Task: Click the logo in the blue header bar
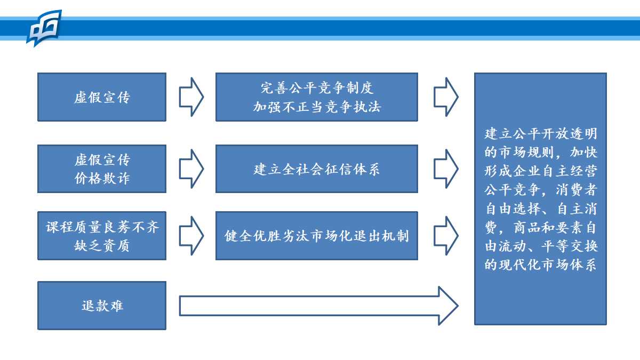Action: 44,28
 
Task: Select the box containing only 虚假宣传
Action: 102,97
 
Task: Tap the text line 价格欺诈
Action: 102,178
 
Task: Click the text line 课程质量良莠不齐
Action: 102,227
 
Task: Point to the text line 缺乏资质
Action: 102,245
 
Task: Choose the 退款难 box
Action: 102,306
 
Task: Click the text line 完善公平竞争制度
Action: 317,87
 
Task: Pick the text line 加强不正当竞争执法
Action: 317,107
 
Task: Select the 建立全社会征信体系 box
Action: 317,169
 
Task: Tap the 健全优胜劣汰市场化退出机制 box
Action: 317,236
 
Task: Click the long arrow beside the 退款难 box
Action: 318,306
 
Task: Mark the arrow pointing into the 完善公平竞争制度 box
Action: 191,97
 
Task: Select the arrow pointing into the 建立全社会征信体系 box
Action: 191,169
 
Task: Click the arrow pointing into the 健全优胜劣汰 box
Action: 191,236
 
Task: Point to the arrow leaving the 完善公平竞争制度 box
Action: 446,97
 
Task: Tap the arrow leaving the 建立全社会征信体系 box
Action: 446,169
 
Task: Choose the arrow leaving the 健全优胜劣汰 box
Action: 446,236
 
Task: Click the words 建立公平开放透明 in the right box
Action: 541,134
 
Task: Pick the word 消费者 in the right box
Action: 577,190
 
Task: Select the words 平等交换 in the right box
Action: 569,246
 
